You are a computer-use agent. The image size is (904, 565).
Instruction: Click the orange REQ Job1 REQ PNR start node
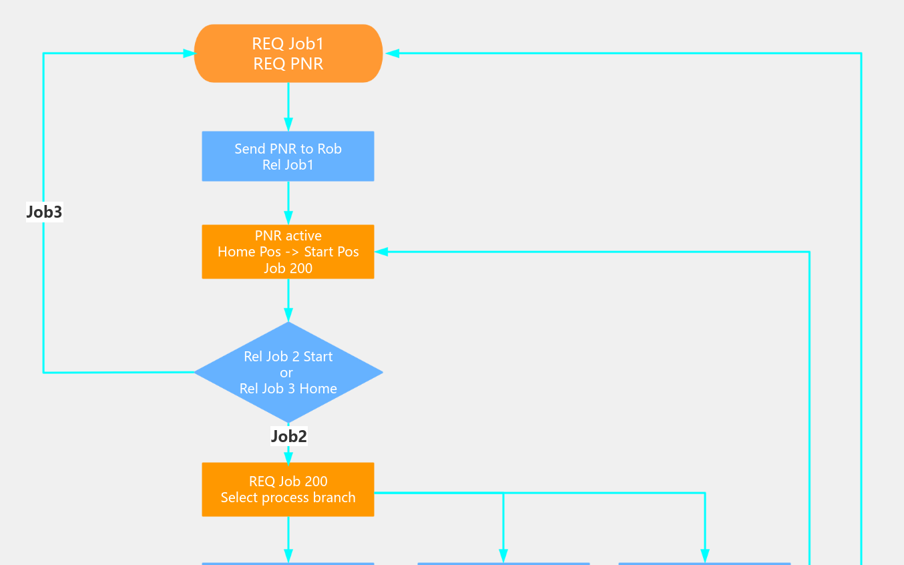[288, 53]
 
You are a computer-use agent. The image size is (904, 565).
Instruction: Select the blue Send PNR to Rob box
[288, 156]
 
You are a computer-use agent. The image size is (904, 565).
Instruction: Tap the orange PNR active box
[288, 252]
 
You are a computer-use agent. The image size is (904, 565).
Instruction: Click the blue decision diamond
[288, 372]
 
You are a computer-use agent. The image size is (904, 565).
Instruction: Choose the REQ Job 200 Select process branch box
[288, 490]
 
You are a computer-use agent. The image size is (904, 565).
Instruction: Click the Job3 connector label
[44, 212]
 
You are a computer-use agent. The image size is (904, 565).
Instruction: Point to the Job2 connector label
[288, 436]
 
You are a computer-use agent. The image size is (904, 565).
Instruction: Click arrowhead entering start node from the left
[188, 53]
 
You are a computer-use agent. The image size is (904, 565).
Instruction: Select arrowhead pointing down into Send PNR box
[288, 125]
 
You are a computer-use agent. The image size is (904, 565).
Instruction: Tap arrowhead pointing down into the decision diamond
[288, 315]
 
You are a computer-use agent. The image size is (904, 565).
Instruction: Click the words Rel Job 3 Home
[288, 389]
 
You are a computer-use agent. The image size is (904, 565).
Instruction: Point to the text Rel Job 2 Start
[288, 357]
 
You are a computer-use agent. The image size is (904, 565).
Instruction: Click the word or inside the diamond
[286, 373]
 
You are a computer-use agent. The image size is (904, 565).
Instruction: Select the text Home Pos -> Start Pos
[288, 252]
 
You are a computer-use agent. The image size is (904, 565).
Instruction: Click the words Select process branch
[288, 498]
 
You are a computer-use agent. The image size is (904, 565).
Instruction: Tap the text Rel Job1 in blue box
[288, 165]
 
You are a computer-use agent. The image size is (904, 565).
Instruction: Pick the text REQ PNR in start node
[288, 63]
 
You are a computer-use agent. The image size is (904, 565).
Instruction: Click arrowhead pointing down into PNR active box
[288, 218]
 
